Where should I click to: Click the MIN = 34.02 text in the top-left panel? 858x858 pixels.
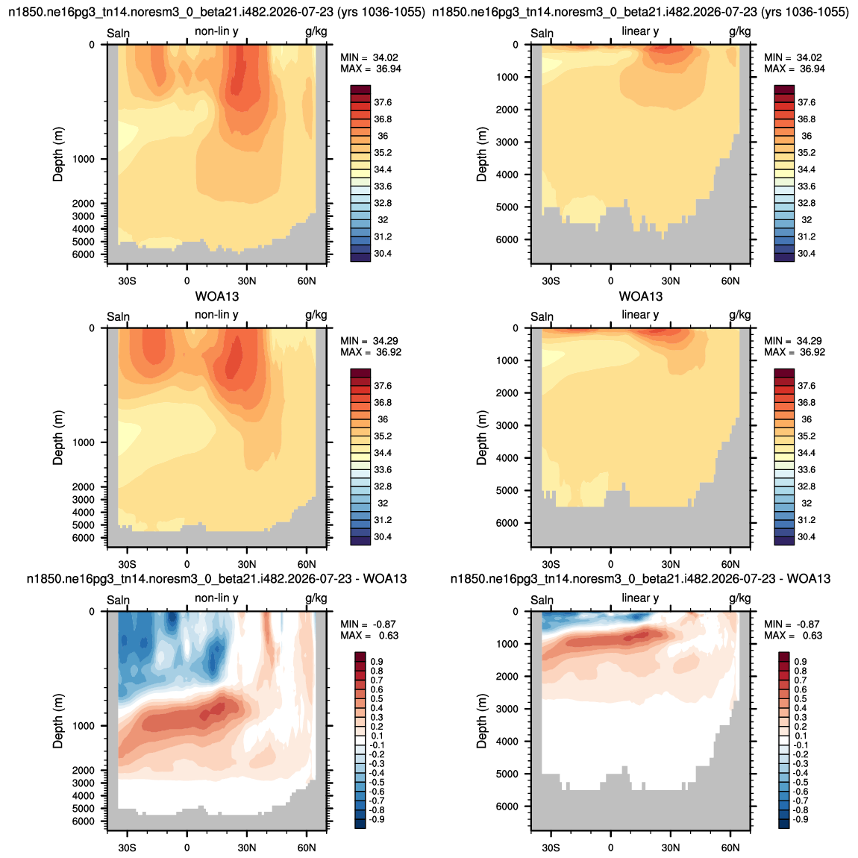click(369, 57)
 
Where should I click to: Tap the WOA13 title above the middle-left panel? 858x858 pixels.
click(217, 297)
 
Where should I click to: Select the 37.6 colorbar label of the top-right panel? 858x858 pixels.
click(807, 102)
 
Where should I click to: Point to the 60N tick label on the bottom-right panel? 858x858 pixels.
click(730, 848)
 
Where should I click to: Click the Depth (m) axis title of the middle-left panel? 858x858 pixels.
click(58, 438)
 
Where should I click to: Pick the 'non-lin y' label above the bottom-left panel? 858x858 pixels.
click(216, 598)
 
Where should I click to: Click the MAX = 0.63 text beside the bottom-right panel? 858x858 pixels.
click(793, 636)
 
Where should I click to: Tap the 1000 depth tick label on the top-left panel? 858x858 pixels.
click(83, 159)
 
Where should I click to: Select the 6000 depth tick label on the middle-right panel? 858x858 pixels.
click(507, 523)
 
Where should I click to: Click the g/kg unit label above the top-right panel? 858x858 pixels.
click(740, 31)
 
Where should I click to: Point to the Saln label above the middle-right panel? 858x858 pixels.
click(542, 317)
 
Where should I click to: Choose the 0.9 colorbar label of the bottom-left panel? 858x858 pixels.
click(377, 662)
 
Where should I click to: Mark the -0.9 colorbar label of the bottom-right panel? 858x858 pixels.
click(800, 819)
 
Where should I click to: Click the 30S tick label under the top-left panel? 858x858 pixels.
click(127, 281)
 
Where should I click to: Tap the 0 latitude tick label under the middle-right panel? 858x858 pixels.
click(610, 564)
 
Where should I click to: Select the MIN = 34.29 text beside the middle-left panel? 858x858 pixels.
click(369, 341)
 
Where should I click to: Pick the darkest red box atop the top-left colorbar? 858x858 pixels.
click(360, 90)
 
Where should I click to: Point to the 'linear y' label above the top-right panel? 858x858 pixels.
click(640, 31)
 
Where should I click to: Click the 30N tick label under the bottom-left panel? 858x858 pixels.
click(247, 848)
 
